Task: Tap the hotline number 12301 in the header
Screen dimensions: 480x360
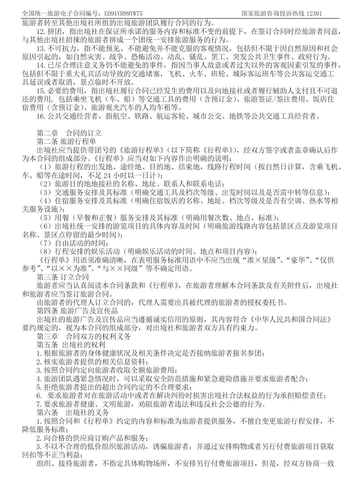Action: point(314,14)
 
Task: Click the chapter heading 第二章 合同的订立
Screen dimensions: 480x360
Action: point(69,133)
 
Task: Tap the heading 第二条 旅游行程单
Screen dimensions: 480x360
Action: point(66,141)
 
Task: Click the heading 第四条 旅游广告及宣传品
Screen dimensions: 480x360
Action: point(77,311)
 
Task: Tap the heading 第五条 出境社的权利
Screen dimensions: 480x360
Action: point(71,345)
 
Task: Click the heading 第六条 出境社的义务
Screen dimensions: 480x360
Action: point(73,412)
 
